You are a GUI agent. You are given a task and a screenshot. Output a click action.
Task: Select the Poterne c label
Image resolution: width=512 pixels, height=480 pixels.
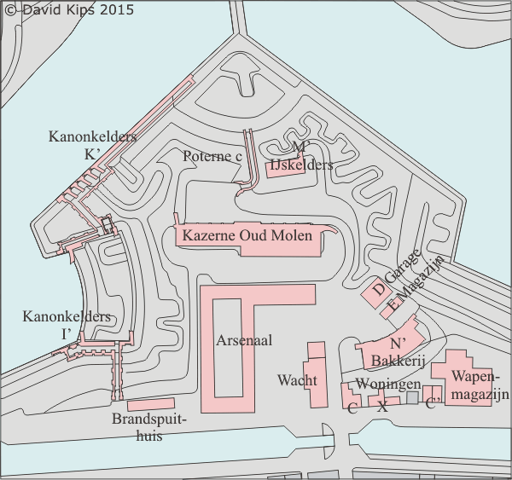pyautogui.click(x=212, y=156)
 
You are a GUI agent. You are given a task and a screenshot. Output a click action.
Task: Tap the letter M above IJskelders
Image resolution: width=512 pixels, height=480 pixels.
pyautogui.click(x=299, y=148)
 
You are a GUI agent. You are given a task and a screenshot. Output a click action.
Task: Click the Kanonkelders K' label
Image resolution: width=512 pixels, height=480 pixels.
pyautogui.click(x=92, y=144)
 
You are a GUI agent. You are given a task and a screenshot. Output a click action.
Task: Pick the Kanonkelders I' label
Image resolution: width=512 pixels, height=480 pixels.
pyautogui.click(x=67, y=324)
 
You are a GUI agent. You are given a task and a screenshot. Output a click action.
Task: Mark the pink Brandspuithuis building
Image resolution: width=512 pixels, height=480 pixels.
pyautogui.click(x=150, y=404)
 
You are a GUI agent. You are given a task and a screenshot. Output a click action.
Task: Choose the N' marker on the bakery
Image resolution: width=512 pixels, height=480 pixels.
pyautogui.click(x=397, y=344)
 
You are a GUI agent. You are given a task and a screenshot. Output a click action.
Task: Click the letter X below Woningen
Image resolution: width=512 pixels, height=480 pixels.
pyautogui.click(x=382, y=407)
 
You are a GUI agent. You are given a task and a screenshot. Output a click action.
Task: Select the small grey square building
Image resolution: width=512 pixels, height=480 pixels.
pyautogui.click(x=412, y=397)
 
